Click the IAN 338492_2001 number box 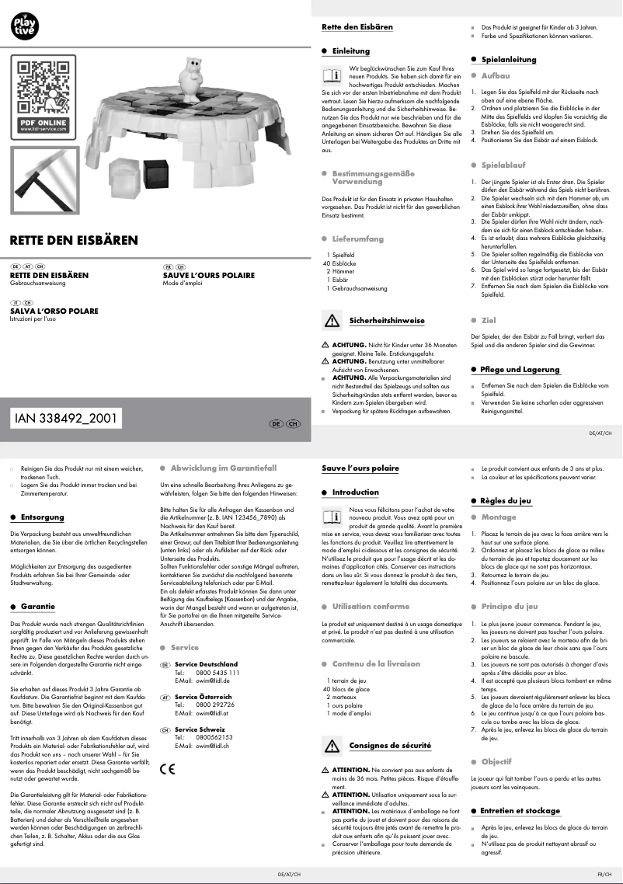(x=66, y=418)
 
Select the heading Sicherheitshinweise (x=386, y=320)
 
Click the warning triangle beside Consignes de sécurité (x=332, y=746)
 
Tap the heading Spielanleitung (x=509, y=59)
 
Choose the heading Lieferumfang (x=358, y=239)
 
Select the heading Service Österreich (x=204, y=698)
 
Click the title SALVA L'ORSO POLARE (x=54, y=311)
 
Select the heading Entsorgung (x=42, y=517)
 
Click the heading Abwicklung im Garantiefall (x=224, y=468)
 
